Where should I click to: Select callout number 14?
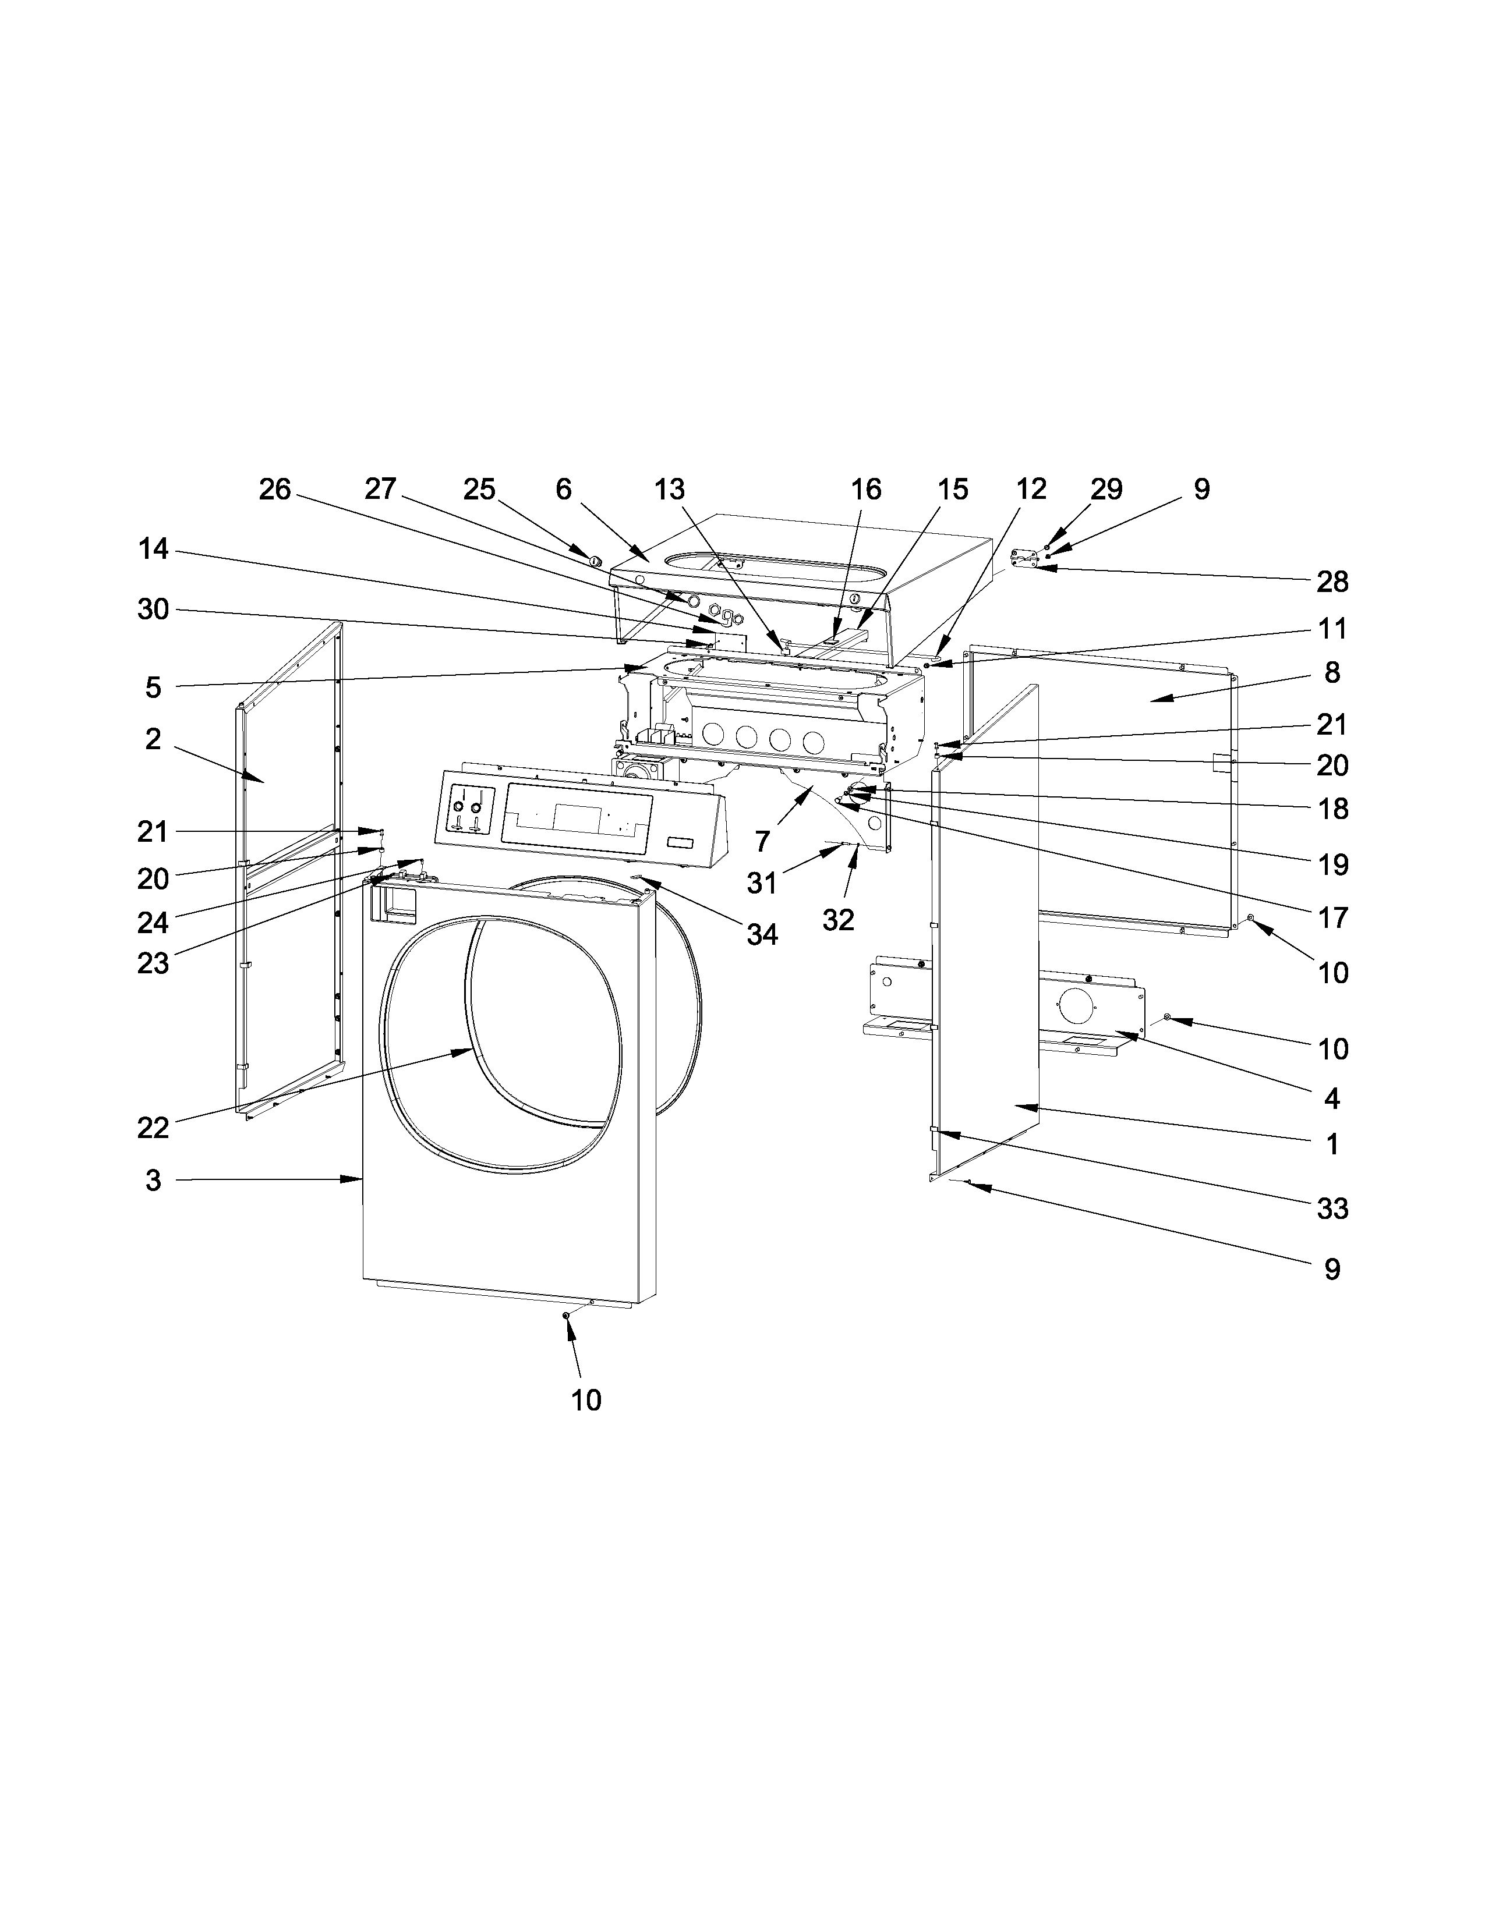point(153,550)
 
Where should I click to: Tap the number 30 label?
point(153,609)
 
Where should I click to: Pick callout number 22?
point(153,1127)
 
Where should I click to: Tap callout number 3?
point(153,1181)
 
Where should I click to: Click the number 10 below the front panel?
point(586,1399)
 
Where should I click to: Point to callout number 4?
point(1332,1098)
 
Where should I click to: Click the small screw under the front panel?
point(565,1339)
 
